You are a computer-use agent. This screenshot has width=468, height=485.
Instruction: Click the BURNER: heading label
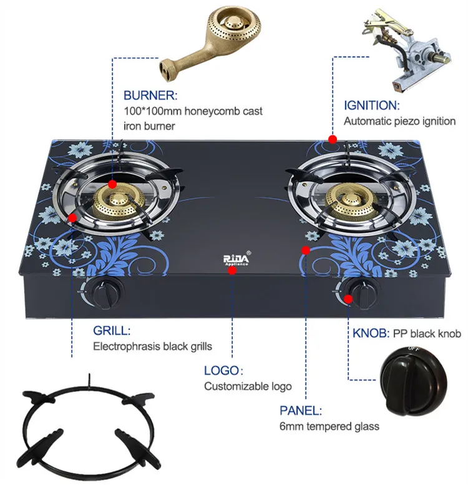point(150,96)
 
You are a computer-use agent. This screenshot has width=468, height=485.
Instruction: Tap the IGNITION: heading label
point(371,105)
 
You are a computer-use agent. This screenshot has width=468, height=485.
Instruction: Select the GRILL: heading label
point(112,330)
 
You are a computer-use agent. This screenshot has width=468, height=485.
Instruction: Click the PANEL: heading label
point(301,411)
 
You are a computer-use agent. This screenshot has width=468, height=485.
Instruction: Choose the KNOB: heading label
point(368,333)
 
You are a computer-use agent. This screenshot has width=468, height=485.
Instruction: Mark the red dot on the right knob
point(348,298)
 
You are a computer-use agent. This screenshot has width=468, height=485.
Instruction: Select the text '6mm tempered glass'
point(329,427)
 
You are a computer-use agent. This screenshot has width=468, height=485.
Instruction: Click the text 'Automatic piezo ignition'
point(399,121)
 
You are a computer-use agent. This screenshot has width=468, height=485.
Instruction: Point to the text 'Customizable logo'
point(248,386)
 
